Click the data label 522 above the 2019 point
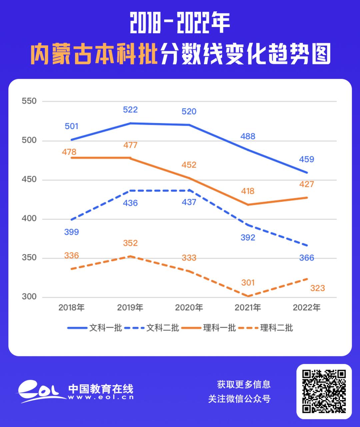pyautogui.click(x=130, y=110)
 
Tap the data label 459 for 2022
pyautogui.click(x=307, y=159)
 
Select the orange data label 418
pyautogui.click(x=248, y=191)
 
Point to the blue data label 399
pyautogui.click(x=71, y=232)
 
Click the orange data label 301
pyautogui.click(x=248, y=283)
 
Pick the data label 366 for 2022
pyautogui.click(x=307, y=258)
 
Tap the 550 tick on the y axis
pyautogui.click(x=29, y=101)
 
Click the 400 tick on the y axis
pyautogui.click(x=29, y=219)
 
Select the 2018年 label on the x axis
pyautogui.click(x=71, y=307)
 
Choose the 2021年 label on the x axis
pyautogui.click(x=248, y=307)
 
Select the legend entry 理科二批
pyautogui.click(x=276, y=328)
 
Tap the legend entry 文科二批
pyautogui.click(x=163, y=328)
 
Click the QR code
pyautogui.click(x=324, y=391)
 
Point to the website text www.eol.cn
pyautogui.click(x=101, y=397)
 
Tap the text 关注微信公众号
pyautogui.click(x=239, y=399)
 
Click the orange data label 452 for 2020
pyautogui.click(x=189, y=165)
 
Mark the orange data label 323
pyautogui.click(x=317, y=288)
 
